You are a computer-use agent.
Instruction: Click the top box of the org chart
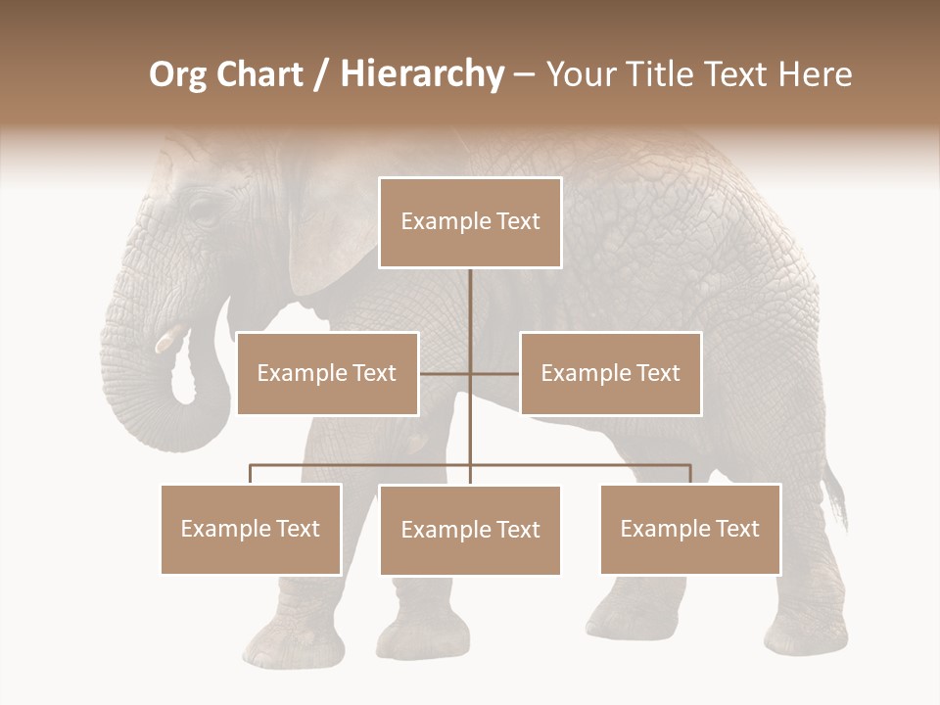click(470, 222)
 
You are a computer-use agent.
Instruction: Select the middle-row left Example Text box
click(327, 373)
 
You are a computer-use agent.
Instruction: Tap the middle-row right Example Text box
click(610, 373)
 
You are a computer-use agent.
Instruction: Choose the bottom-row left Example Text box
click(251, 529)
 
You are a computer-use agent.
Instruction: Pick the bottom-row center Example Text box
click(470, 530)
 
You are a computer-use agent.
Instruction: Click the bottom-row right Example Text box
click(690, 529)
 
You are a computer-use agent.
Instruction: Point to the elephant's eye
click(202, 212)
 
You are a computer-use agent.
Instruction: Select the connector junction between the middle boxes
click(470, 373)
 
